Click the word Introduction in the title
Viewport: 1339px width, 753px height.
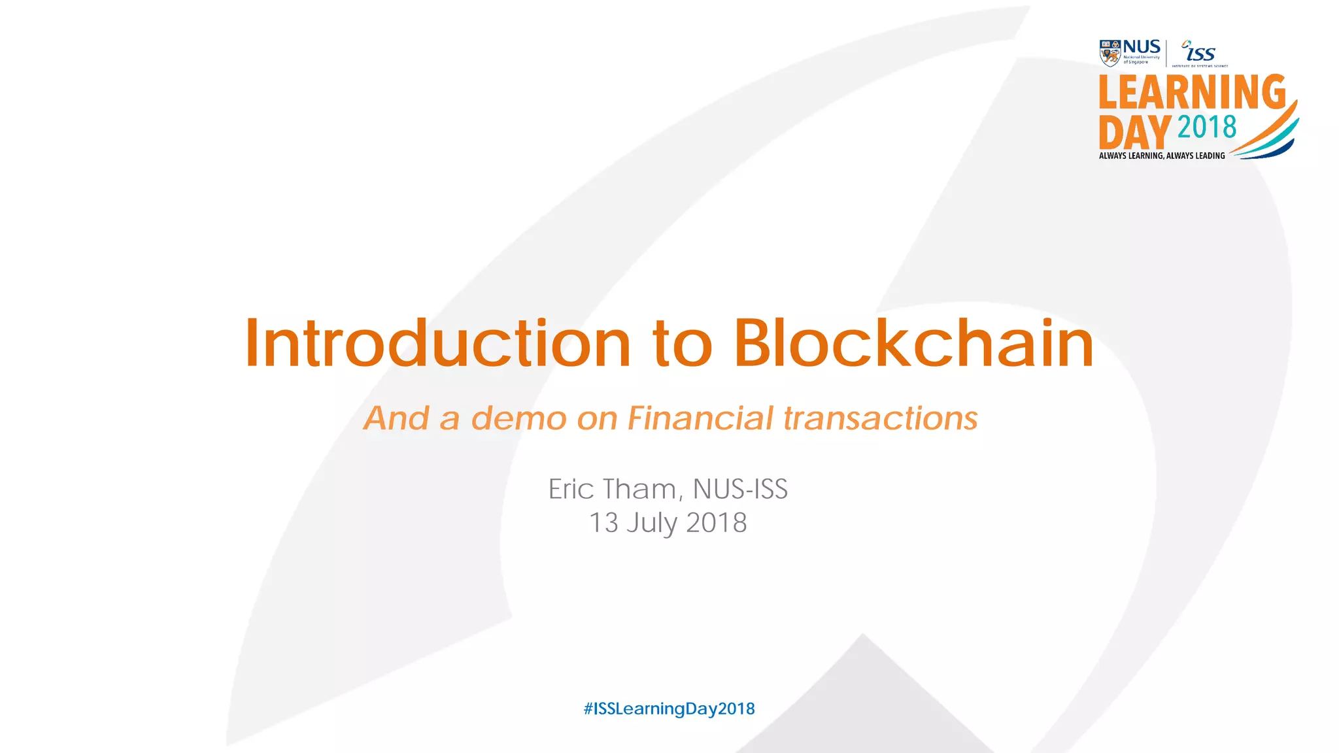tap(437, 344)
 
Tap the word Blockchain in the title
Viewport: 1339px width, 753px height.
tap(913, 344)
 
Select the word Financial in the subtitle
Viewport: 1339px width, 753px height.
tap(700, 418)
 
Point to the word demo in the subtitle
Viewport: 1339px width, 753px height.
tap(518, 418)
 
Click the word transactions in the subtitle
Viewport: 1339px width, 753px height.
tap(880, 418)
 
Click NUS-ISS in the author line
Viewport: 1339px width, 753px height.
tap(740, 489)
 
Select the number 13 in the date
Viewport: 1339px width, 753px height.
tap(603, 523)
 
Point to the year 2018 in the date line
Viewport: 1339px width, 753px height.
tap(716, 523)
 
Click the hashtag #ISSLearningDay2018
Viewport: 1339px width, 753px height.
tap(669, 709)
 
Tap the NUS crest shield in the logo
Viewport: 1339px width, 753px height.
tap(1110, 53)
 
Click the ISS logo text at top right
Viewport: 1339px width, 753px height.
tap(1200, 52)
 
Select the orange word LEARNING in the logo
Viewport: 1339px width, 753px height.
tap(1192, 92)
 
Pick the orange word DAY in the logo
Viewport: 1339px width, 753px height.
tap(1134, 132)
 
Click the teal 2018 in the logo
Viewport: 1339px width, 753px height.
tap(1207, 127)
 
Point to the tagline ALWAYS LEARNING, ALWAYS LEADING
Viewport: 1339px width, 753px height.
tap(1162, 156)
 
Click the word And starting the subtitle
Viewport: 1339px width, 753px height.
tap(396, 418)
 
